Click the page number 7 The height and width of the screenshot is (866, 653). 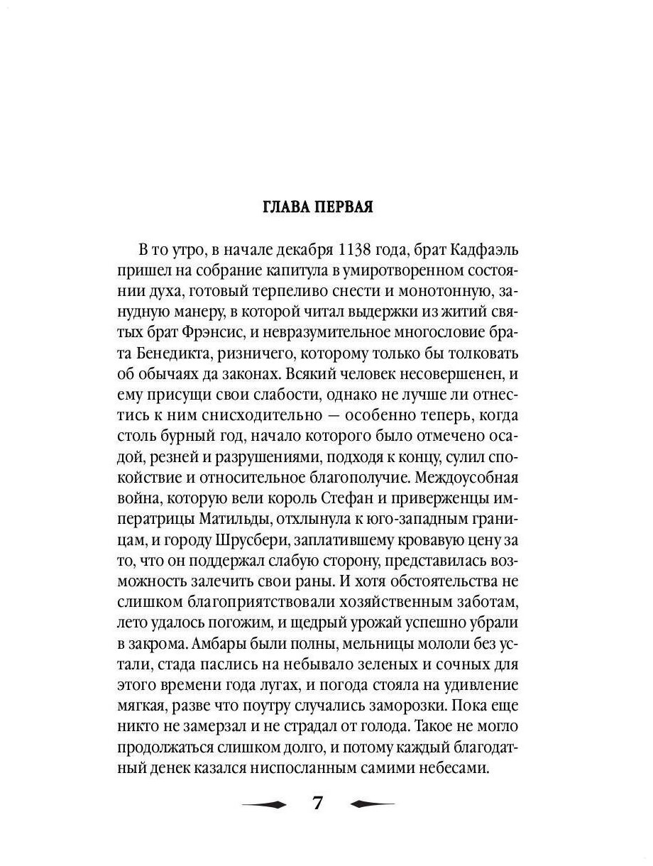[317, 804]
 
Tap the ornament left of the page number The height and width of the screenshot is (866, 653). [263, 804]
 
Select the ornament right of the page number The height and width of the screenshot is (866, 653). [371, 804]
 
